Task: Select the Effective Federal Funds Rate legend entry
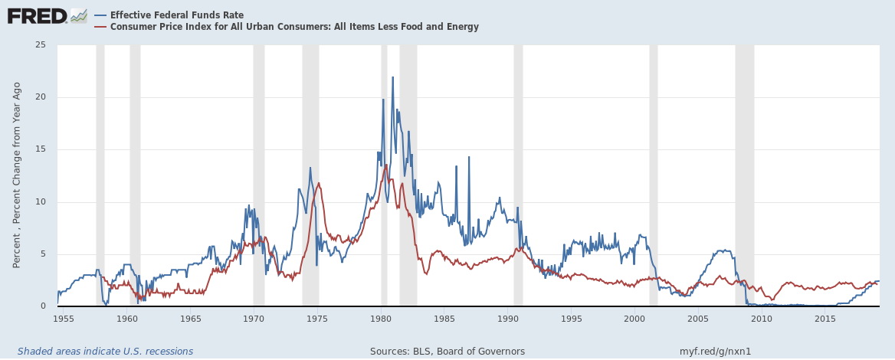[176, 15]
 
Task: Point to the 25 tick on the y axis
[40, 45]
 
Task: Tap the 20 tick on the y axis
[40, 97]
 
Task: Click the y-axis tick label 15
[40, 149]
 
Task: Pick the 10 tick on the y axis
[40, 202]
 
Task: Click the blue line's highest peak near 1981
[392, 77]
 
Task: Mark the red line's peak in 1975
[319, 183]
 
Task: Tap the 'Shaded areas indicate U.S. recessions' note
[105, 352]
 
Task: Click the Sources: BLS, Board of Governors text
[447, 352]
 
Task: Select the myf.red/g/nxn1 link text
[716, 352]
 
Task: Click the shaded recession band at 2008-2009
[744, 176]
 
